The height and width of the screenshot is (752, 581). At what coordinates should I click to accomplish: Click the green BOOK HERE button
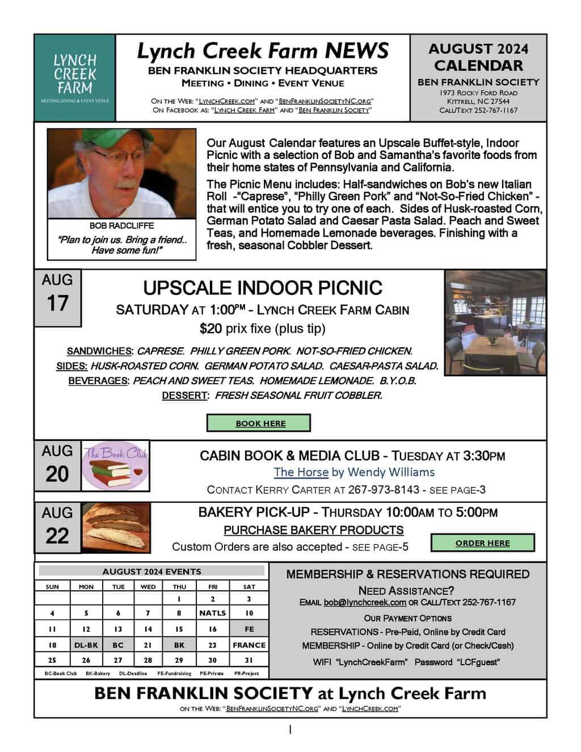[259, 423]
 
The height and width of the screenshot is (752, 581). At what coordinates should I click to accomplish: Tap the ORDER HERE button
[482, 543]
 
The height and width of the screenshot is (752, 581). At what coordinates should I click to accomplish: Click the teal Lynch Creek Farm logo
[75, 78]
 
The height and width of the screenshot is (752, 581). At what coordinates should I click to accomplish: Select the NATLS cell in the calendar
[212, 613]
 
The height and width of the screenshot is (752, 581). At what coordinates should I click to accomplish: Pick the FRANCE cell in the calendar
[249, 645]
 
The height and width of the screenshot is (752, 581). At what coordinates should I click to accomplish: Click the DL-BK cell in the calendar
[86, 645]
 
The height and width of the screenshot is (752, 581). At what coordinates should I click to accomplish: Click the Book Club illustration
[116, 465]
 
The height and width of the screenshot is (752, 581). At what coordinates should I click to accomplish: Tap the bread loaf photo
[116, 528]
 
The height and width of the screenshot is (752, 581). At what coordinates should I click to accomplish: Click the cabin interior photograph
[495, 322]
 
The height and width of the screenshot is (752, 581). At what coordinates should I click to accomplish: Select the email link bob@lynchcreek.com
[365, 602]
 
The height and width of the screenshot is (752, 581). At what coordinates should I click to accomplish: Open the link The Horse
[301, 472]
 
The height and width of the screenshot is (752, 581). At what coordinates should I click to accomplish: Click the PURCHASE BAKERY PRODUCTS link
[314, 530]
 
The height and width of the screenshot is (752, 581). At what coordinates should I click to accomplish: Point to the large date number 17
[57, 304]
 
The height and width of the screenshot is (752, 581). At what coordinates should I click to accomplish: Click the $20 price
[211, 328]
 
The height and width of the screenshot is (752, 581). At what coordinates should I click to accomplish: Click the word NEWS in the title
[357, 51]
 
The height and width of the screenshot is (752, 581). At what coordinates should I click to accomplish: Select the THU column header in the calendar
[179, 586]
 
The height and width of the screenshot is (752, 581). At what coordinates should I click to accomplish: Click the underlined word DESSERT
[184, 396]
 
